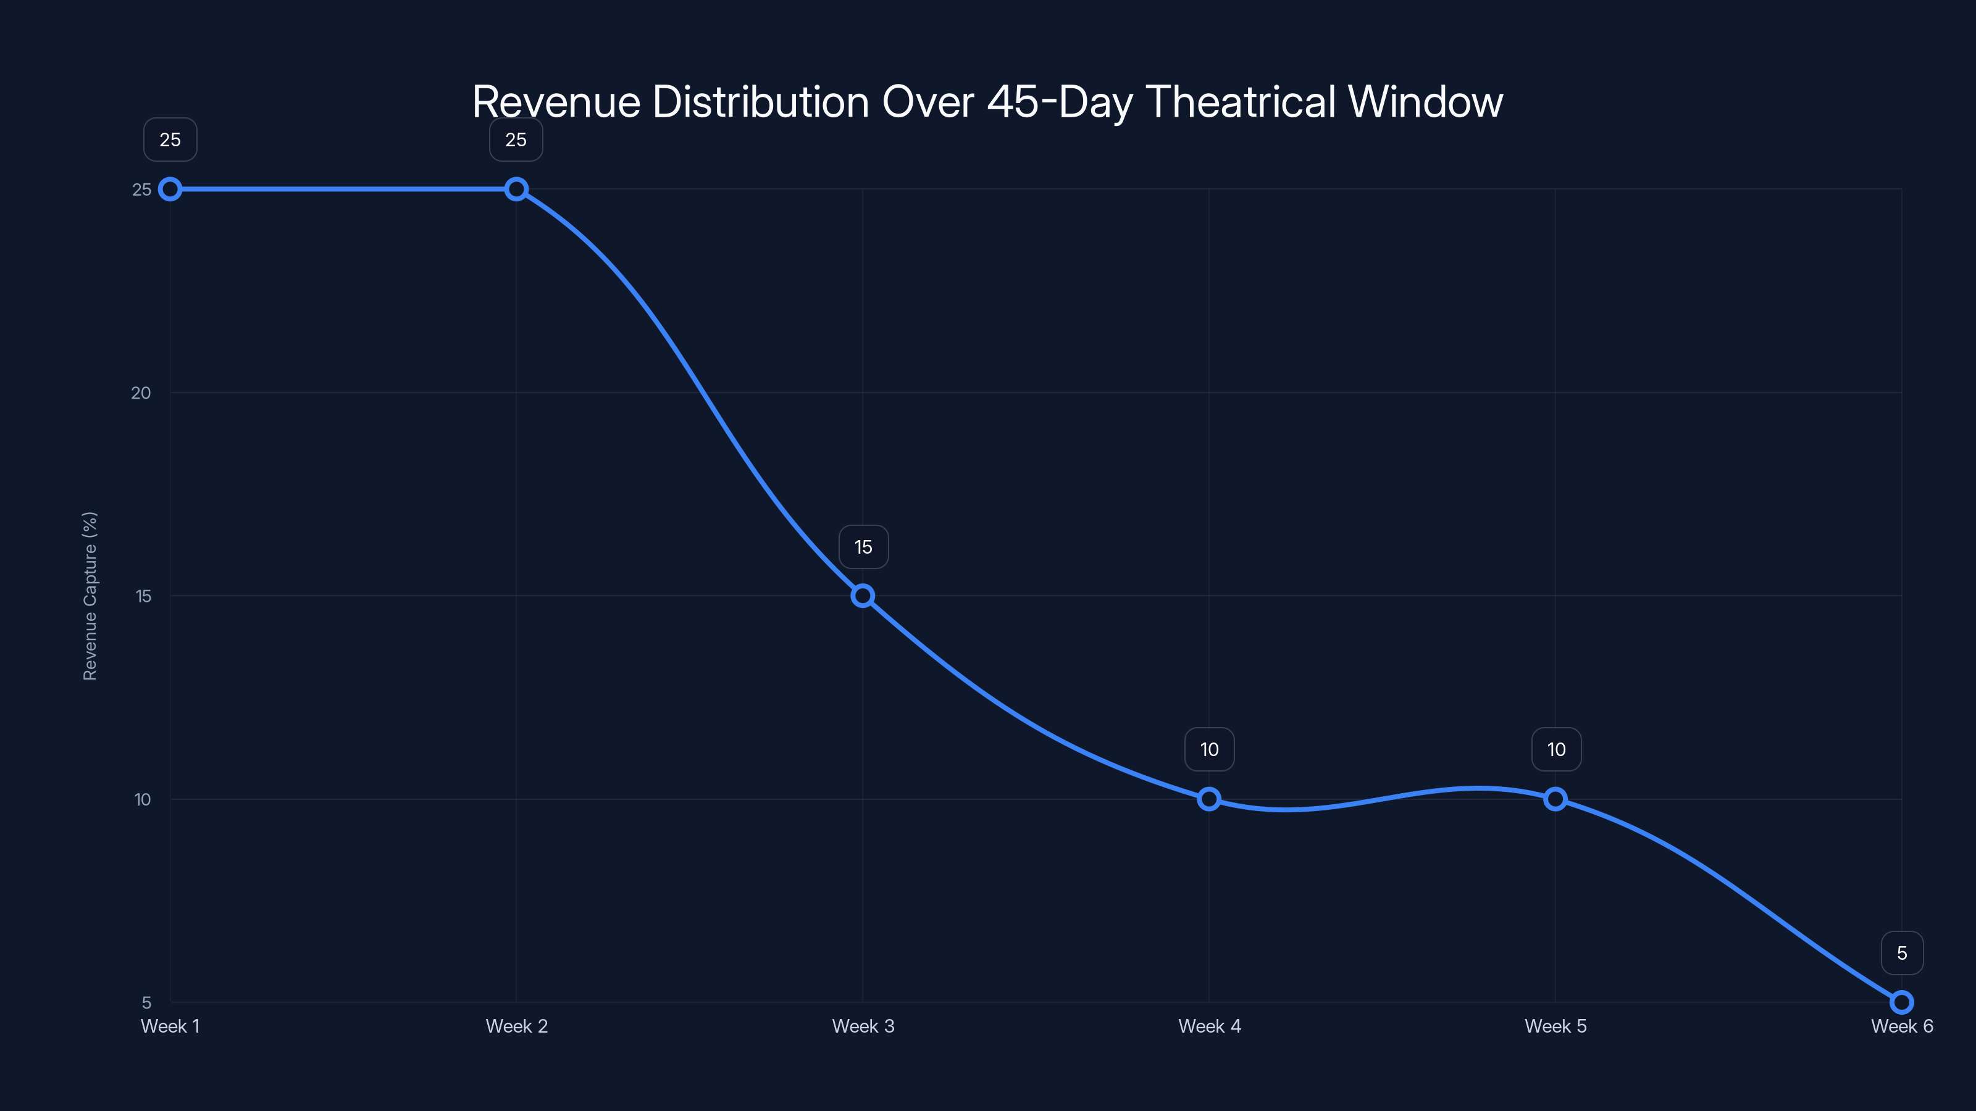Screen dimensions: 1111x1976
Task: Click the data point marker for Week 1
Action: (x=170, y=189)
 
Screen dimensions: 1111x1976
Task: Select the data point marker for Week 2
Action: (x=516, y=189)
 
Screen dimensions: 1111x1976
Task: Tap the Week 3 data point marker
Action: (x=863, y=596)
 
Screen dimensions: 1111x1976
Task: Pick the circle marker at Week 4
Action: (x=1209, y=799)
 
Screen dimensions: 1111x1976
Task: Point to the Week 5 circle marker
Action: (x=1555, y=799)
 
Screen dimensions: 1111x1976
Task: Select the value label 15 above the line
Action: (x=864, y=547)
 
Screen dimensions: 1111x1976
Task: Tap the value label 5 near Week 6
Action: (x=1902, y=953)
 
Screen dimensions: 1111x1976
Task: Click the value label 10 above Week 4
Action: (x=1209, y=749)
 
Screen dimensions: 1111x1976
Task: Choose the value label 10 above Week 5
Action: (x=1555, y=749)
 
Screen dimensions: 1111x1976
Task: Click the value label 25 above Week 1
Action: (x=170, y=139)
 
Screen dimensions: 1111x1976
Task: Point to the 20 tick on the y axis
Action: (x=141, y=393)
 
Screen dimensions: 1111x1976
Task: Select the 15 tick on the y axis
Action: (x=143, y=596)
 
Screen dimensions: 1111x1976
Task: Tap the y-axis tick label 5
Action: (x=146, y=1002)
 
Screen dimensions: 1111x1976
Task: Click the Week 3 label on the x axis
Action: (x=863, y=1026)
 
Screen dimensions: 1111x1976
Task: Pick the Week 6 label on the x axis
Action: (x=1902, y=1026)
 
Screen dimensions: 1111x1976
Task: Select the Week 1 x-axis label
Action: (x=170, y=1026)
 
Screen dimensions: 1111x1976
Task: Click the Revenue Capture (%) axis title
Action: (x=90, y=596)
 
